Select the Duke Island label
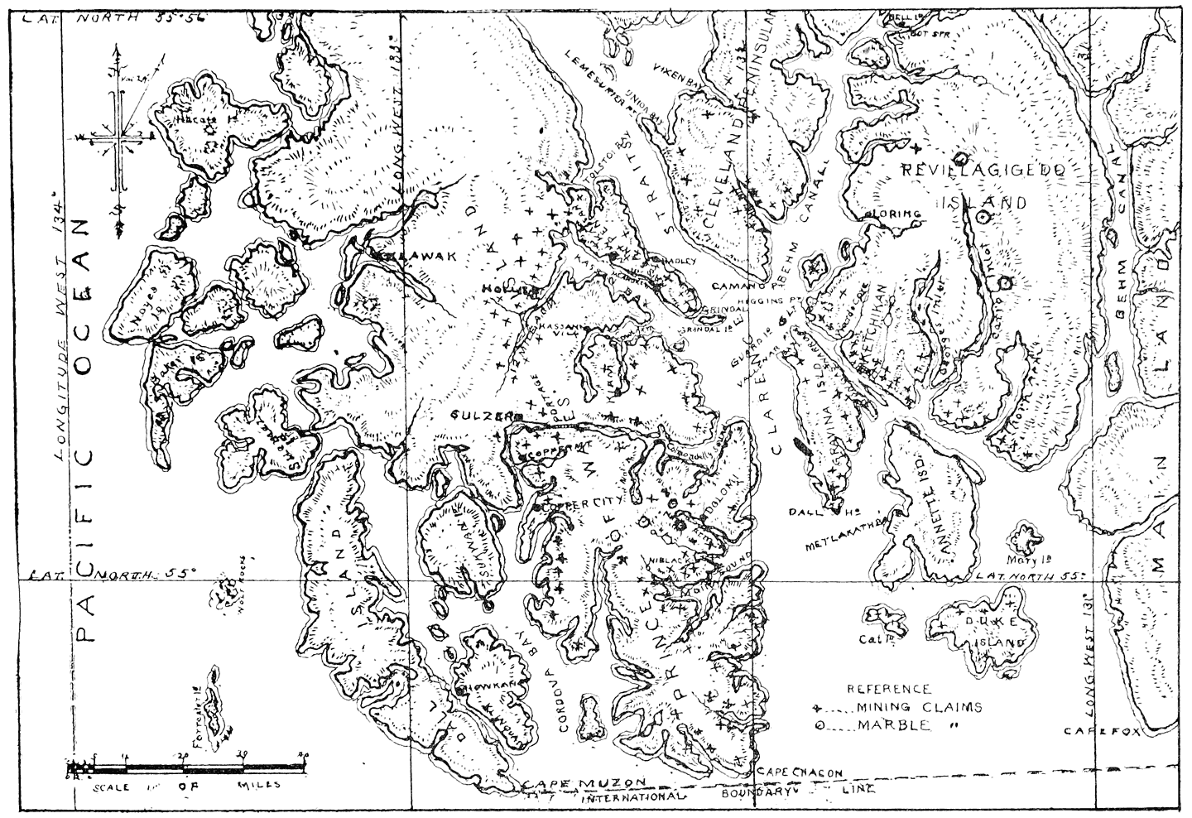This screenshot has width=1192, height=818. pos(989,632)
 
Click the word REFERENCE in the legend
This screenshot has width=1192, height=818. pos(889,689)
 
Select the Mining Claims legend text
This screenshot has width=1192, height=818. pos(919,707)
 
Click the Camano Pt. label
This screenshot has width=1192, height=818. pos(739,285)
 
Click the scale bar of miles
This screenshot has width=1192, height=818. pos(187,771)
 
